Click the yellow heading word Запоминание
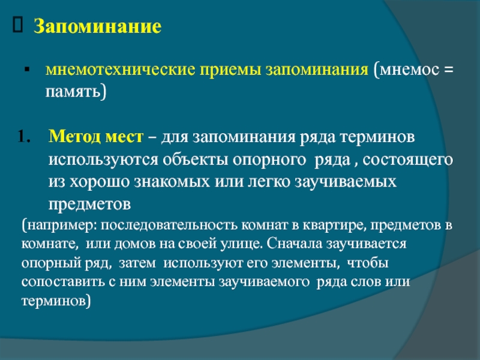(x=97, y=27)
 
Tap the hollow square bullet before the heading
(x=18, y=25)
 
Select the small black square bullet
(x=27, y=70)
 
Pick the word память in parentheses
(x=73, y=92)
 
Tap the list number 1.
(x=24, y=137)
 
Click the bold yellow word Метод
(x=74, y=137)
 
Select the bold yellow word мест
(x=124, y=137)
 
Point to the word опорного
(x=269, y=160)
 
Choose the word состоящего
(x=408, y=160)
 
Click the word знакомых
(x=172, y=182)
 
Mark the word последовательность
(x=169, y=226)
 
